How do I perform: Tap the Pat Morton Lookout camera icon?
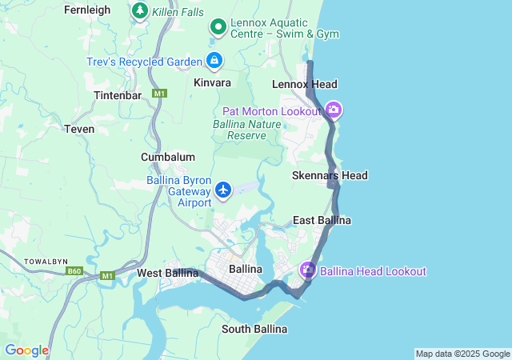[334, 110]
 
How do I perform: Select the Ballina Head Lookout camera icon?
[308, 271]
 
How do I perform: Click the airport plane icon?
[223, 190]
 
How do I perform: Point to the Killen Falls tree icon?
[140, 11]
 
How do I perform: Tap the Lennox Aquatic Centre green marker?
[218, 28]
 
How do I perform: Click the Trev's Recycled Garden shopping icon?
[214, 60]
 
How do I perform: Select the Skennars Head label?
[329, 175]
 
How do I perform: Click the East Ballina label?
[322, 220]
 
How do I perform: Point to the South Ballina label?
[255, 329]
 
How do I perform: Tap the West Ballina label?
[167, 273]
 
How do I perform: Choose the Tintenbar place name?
[118, 94]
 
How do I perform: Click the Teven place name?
[79, 128]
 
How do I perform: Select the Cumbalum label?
[168, 157]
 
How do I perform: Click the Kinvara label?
[212, 82]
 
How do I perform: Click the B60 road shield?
[74, 271]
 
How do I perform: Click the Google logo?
[26, 350]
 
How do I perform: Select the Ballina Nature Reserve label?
[247, 130]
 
